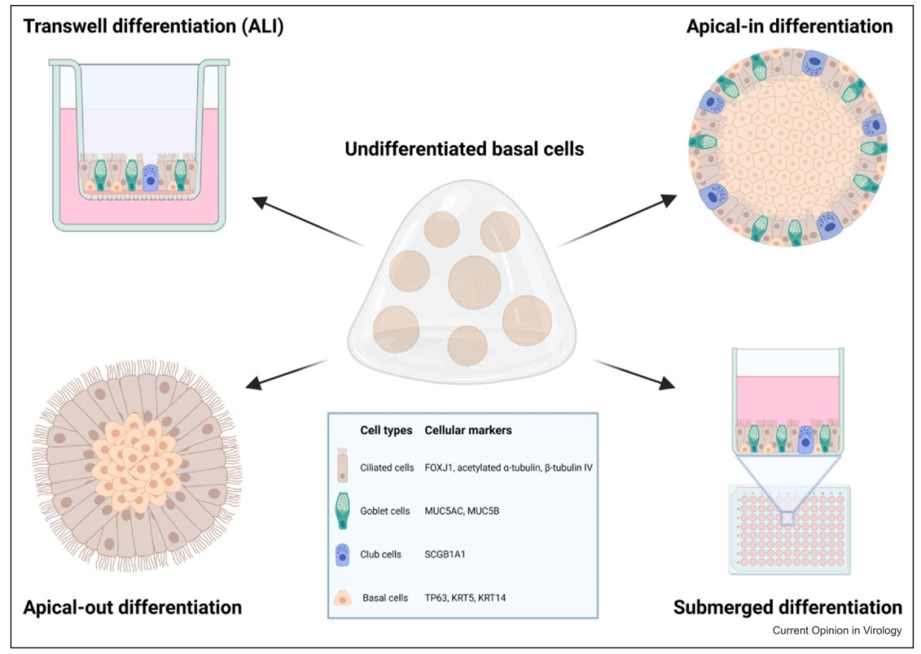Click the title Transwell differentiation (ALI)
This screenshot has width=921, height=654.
[153, 26]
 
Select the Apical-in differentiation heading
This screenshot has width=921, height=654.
[790, 26]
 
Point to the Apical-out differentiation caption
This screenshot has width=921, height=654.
[133, 607]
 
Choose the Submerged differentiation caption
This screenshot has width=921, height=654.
[787, 607]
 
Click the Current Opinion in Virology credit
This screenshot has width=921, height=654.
[836, 631]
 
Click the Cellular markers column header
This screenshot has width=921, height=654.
[468, 431]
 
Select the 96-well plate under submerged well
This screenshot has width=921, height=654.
[790, 529]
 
